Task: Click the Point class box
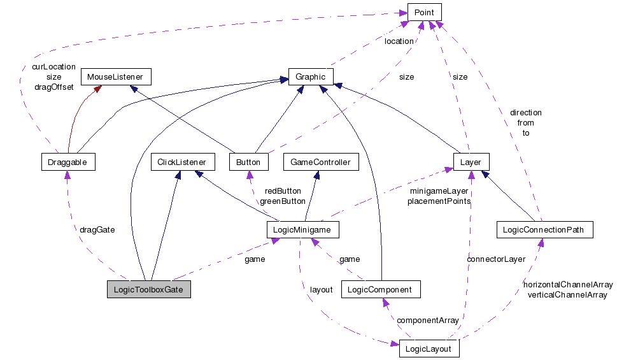(424, 12)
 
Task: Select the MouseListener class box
(115, 77)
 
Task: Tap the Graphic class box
(311, 77)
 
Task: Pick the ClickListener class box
(182, 162)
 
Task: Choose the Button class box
(248, 162)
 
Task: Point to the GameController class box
(320, 162)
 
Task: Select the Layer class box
(471, 162)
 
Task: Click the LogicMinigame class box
(302, 229)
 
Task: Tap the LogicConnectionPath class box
(544, 229)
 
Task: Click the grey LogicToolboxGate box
(149, 289)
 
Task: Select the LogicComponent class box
(381, 289)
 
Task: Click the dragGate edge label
(97, 229)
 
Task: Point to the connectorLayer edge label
(496, 259)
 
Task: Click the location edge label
(399, 41)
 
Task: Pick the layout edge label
(321, 289)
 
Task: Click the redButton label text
(283, 191)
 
